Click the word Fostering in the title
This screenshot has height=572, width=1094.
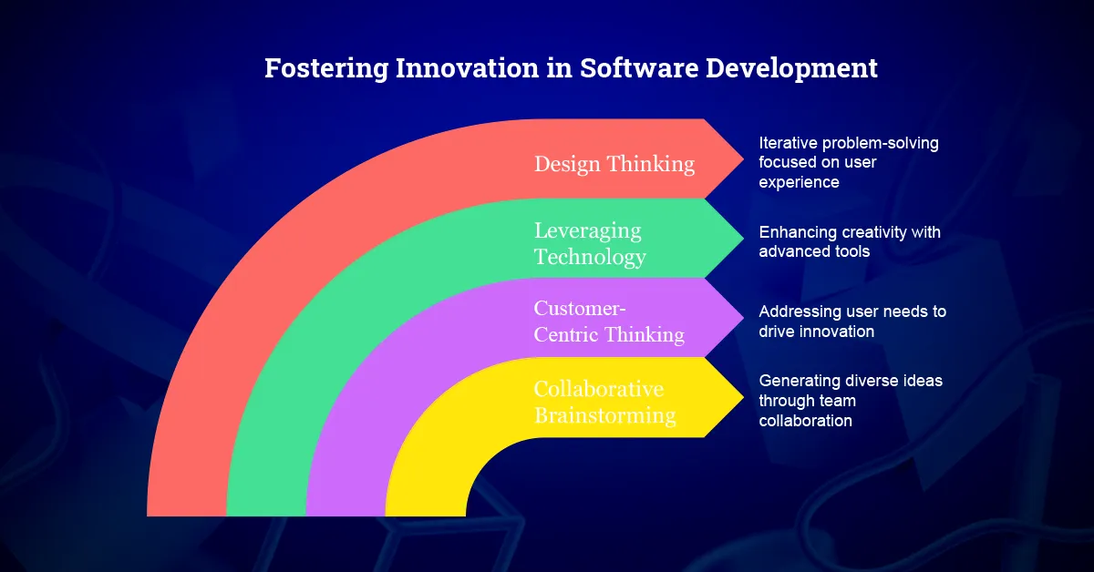pyautogui.click(x=326, y=68)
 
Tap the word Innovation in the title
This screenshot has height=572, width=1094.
pyautogui.click(x=467, y=67)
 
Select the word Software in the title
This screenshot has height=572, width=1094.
pyautogui.click(x=639, y=67)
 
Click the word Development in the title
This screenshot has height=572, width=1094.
pyautogui.click(x=791, y=68)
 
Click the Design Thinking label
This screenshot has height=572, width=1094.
pyautogui.click(x=614, y=164)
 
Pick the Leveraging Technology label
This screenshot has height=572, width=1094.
pyautogui.click(x=590, y=243)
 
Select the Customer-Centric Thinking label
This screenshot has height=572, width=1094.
pyautogui.click(x=609, y=322)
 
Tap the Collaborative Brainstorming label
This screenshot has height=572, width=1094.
pyautogui.click(x=605, y=403)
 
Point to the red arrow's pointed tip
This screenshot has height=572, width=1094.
pyautogui.click(x=743, y=159)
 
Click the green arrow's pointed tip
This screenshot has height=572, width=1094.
pyautogui.click(x=743, y=238)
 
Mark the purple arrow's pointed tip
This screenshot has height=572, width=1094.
pyautogui.click(x=743, y=318)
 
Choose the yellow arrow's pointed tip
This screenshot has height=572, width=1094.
pyautogui.click(x=743, y=397)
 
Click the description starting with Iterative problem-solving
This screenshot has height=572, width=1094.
pyautogui.click(x=849, y=162)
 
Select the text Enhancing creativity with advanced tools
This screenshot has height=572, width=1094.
pyautogui.click(x=850, y=241)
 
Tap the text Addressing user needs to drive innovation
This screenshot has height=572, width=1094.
pyautogui.click(x=852, y=322)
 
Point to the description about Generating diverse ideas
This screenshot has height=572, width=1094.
pyautogui.click(x=851, y=401)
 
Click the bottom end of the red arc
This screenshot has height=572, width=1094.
pyautogui.click(x=187, y=516)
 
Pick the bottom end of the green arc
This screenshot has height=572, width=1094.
pyautogui.click(x=266, y=516)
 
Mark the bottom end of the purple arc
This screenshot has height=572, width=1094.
pyautogui.click(x=346, y=516)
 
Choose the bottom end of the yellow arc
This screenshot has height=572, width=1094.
pyautogui.click(x=426, y=516)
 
